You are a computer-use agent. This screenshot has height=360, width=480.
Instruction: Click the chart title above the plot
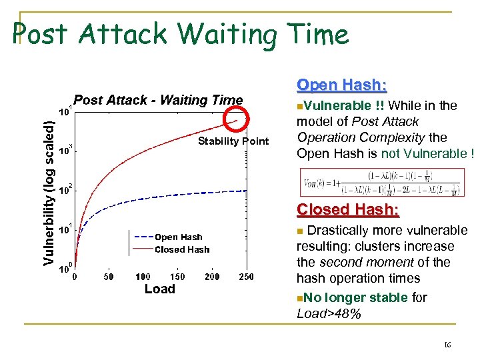[x=158, y=100]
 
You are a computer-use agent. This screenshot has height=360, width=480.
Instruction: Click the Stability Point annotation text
[x=233, y=141]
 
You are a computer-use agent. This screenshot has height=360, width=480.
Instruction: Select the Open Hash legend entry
[x=178, y=237]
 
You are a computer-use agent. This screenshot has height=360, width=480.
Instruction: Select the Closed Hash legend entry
[x=181, y=249]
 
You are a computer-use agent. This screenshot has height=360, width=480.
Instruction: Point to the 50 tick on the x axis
[x=108, y=277]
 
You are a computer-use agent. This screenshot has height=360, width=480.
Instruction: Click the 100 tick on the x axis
[x=143, y=277]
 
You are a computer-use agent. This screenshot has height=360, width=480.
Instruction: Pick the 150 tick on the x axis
[x=177, y=277]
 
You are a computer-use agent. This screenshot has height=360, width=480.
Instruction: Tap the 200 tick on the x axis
[x=212, y=277]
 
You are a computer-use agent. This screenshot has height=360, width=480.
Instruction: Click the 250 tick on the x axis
[x=246, y=277]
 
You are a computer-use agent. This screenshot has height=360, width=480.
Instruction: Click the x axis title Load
[x=160, y=289]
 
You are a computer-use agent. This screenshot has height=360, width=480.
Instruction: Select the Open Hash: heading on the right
[x=341, y=85]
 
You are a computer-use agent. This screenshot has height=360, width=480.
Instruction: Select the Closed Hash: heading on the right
[x=348, y=209]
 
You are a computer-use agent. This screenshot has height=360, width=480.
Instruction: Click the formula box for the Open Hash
[x=382, y=182]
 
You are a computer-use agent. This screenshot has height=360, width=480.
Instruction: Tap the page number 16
[x=447, y=345]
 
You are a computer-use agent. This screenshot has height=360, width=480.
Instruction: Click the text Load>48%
[x=329, y=313]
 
